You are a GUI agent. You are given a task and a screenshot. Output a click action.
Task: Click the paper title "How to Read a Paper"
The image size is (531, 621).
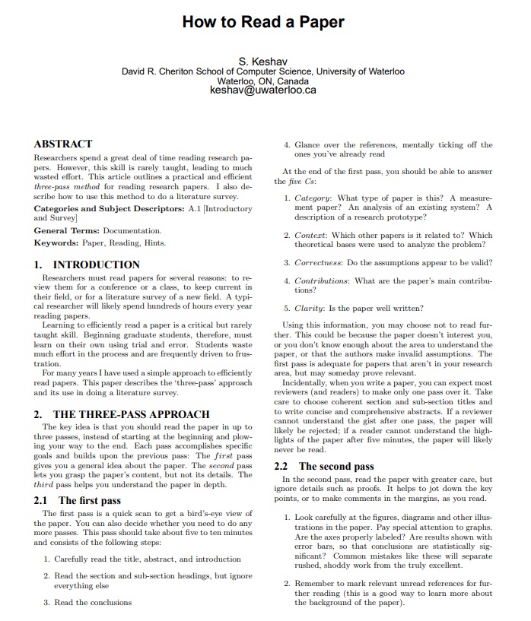(263, 22)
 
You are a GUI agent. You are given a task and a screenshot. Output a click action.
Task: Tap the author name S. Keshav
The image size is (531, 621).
(263, 60)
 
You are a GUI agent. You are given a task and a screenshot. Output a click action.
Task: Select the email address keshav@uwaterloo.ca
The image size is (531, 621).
(263, 90)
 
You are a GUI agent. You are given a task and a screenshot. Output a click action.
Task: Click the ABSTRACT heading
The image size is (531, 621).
(63, 144)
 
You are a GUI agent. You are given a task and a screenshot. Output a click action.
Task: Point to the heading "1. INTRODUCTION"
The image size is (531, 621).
(87, 265)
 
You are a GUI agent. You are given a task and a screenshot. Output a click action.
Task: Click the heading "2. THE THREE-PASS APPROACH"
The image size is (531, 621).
(122, 414)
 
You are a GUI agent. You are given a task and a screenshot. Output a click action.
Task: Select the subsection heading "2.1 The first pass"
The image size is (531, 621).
(78, 500)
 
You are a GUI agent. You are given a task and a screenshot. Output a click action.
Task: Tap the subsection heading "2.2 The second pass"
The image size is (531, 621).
(324, 466)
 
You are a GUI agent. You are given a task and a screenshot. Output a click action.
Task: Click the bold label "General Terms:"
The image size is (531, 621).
(67, 230)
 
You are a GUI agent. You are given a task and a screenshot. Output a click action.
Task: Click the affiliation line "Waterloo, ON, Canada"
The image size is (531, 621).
(263, 81)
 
